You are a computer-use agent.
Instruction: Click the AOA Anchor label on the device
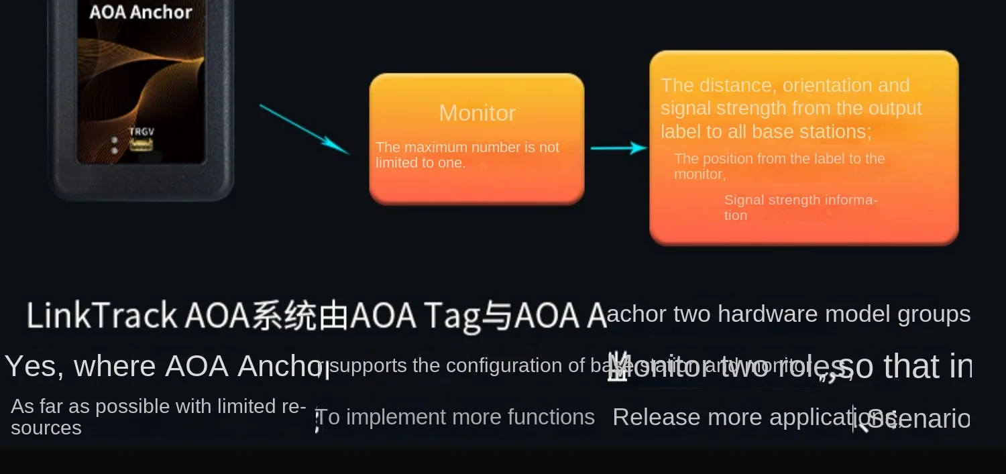(141, 12)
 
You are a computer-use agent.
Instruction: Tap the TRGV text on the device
(141, 131)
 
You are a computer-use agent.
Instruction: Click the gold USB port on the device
(141, 144)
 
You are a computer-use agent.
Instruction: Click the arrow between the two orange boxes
(618, 148)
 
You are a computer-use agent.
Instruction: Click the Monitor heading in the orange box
(477, 113)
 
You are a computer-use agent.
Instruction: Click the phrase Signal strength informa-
(800, 200)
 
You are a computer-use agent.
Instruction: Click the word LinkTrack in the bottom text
(101, 315)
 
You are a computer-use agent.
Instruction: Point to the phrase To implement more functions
(455, 417)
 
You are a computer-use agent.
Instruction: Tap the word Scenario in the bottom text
(919, 419)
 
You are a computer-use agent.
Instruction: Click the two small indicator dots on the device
(115, 145)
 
